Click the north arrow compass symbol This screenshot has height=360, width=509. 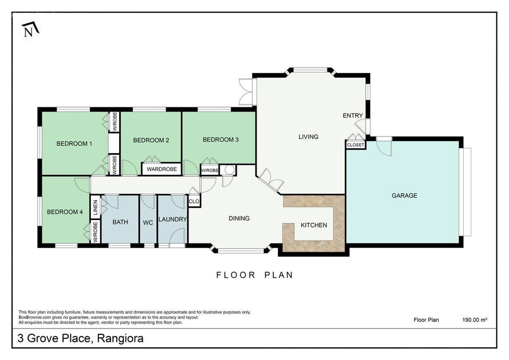tap(30, 30)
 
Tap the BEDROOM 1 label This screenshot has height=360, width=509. tap(74, 144)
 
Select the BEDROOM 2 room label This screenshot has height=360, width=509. tap(151, 140)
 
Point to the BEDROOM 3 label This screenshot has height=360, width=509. tap(221, 139)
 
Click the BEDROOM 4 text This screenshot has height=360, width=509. tap(65, 212)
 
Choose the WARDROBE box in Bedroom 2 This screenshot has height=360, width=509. tap(162, 169)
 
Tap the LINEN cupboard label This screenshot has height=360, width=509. tap(95, 208)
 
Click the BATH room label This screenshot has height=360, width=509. tap(120, 222)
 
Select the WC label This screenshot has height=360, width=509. tap(148, 223)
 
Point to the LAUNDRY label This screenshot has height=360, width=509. tap(172, 220)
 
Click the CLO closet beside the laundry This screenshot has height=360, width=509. tap(194, 201)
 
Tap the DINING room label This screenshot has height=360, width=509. tap(239, 218)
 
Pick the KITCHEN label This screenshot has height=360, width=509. tap(314, 225)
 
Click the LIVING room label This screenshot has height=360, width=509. tap(308, 137)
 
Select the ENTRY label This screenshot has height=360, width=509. tap(353, 115)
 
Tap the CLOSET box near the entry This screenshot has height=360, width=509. tap(356, 145)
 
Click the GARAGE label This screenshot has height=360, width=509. tap(405, 195)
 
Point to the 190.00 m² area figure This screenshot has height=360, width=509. tap(475, 320)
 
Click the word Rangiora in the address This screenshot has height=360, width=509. tap(121, 338)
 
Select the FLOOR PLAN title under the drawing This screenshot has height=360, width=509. tap(255, 275)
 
